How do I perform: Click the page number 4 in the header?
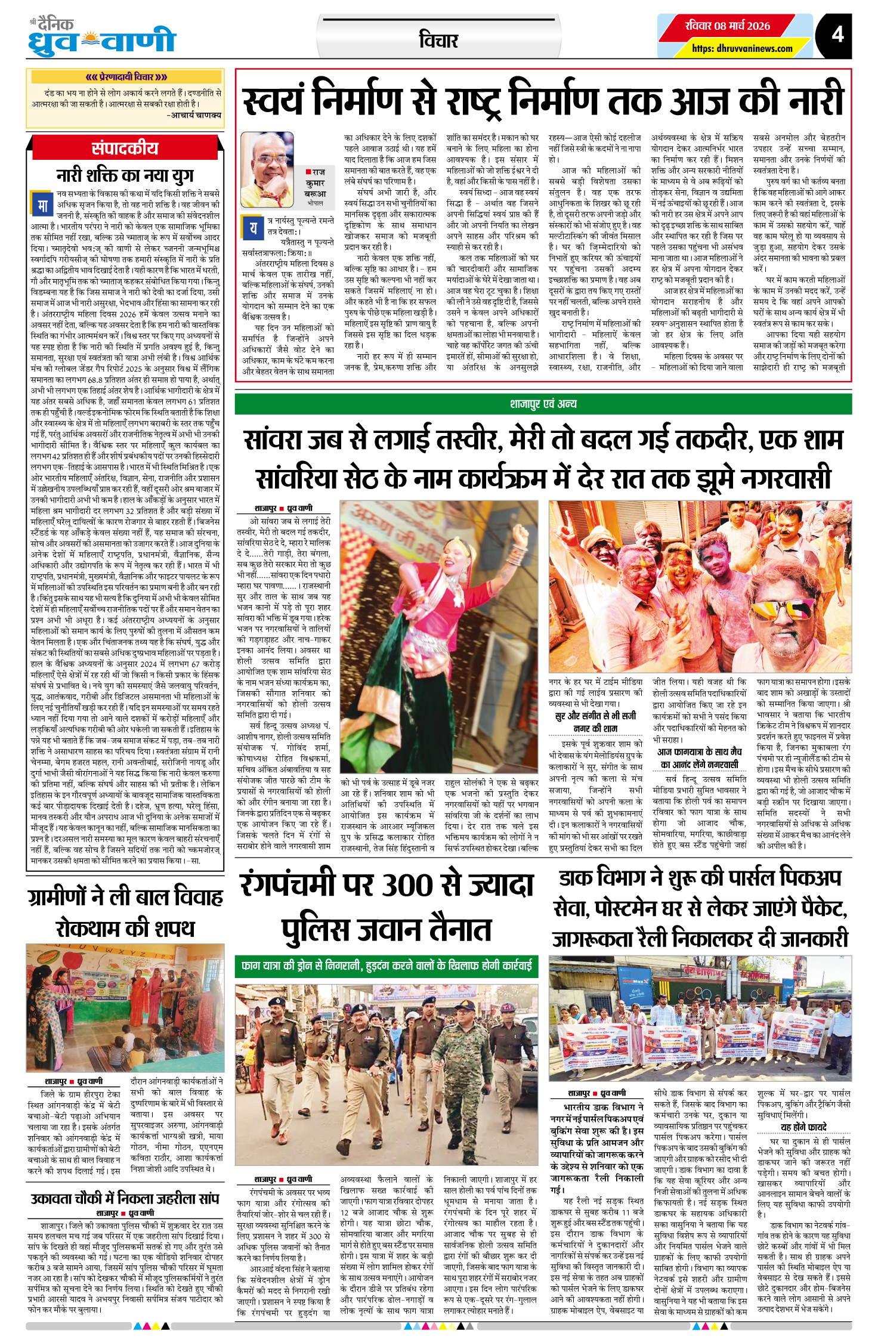click(837, 35)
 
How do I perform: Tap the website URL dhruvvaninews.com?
click(742, 48)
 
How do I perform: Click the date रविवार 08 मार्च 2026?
click(727, 26)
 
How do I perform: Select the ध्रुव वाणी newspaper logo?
click(102, 37)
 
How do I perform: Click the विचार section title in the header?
click(438, 41)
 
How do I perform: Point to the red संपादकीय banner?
click(125, 148)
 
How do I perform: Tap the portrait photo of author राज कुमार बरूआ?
click(267, 169)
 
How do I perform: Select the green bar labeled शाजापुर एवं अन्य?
click(543, 404)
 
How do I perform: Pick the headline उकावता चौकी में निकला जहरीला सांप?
click(125, 1198)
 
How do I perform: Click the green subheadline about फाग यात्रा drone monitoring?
click(387, 965)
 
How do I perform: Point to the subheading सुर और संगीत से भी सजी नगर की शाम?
click(595, 722)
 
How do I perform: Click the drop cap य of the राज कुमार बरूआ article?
click(253, 227)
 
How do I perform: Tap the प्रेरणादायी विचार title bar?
click(125, 77)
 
